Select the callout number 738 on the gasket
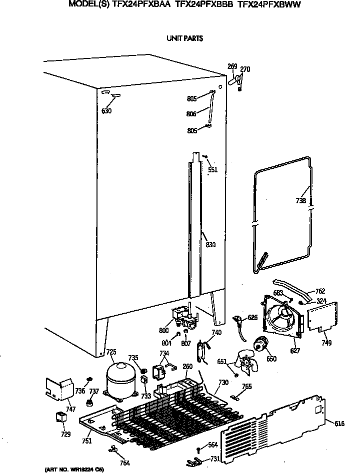click(301, 201)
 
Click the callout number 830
click(210, 244)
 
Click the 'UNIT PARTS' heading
click(185, 38)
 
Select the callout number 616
click(339, 424)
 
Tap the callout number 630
click(106, 111)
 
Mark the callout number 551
click(212, 170)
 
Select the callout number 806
click(191, 114)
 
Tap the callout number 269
click(232, 66)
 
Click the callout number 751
click(87, 441)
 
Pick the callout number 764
click(125, 463)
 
